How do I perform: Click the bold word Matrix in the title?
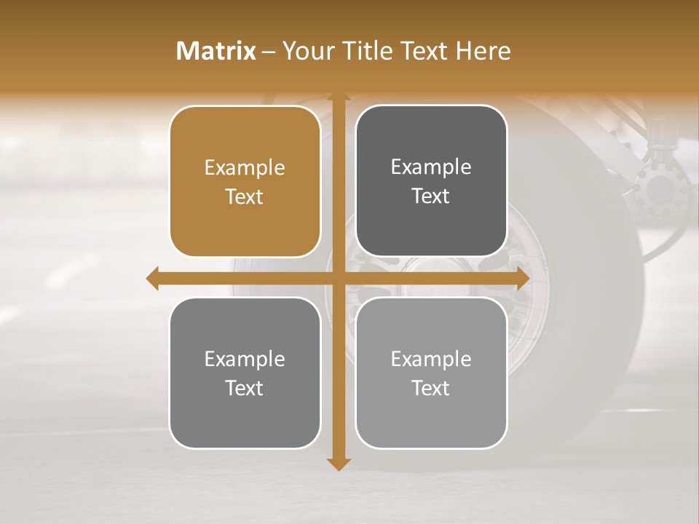[x=216, y=51]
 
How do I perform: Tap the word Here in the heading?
[x=483, y=51]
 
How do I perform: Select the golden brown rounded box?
[x=245, y=182]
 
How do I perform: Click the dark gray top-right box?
[x=431, y=181]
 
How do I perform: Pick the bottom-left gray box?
[x=245, y=373]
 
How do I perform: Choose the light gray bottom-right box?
[x=431, y=373]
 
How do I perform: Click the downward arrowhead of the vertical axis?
[x=337, y=464]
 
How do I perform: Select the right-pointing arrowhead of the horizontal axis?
[x=522, y=278]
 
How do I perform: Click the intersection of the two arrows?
[x=337, y=278]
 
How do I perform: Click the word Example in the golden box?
[x=245, y=168]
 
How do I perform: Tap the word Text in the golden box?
[x=245, y=196]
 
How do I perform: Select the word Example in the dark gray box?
[x=431, y=167]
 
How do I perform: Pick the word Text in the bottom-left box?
[x=245, y=388]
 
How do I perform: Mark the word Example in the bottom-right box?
[x=431, y=359]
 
